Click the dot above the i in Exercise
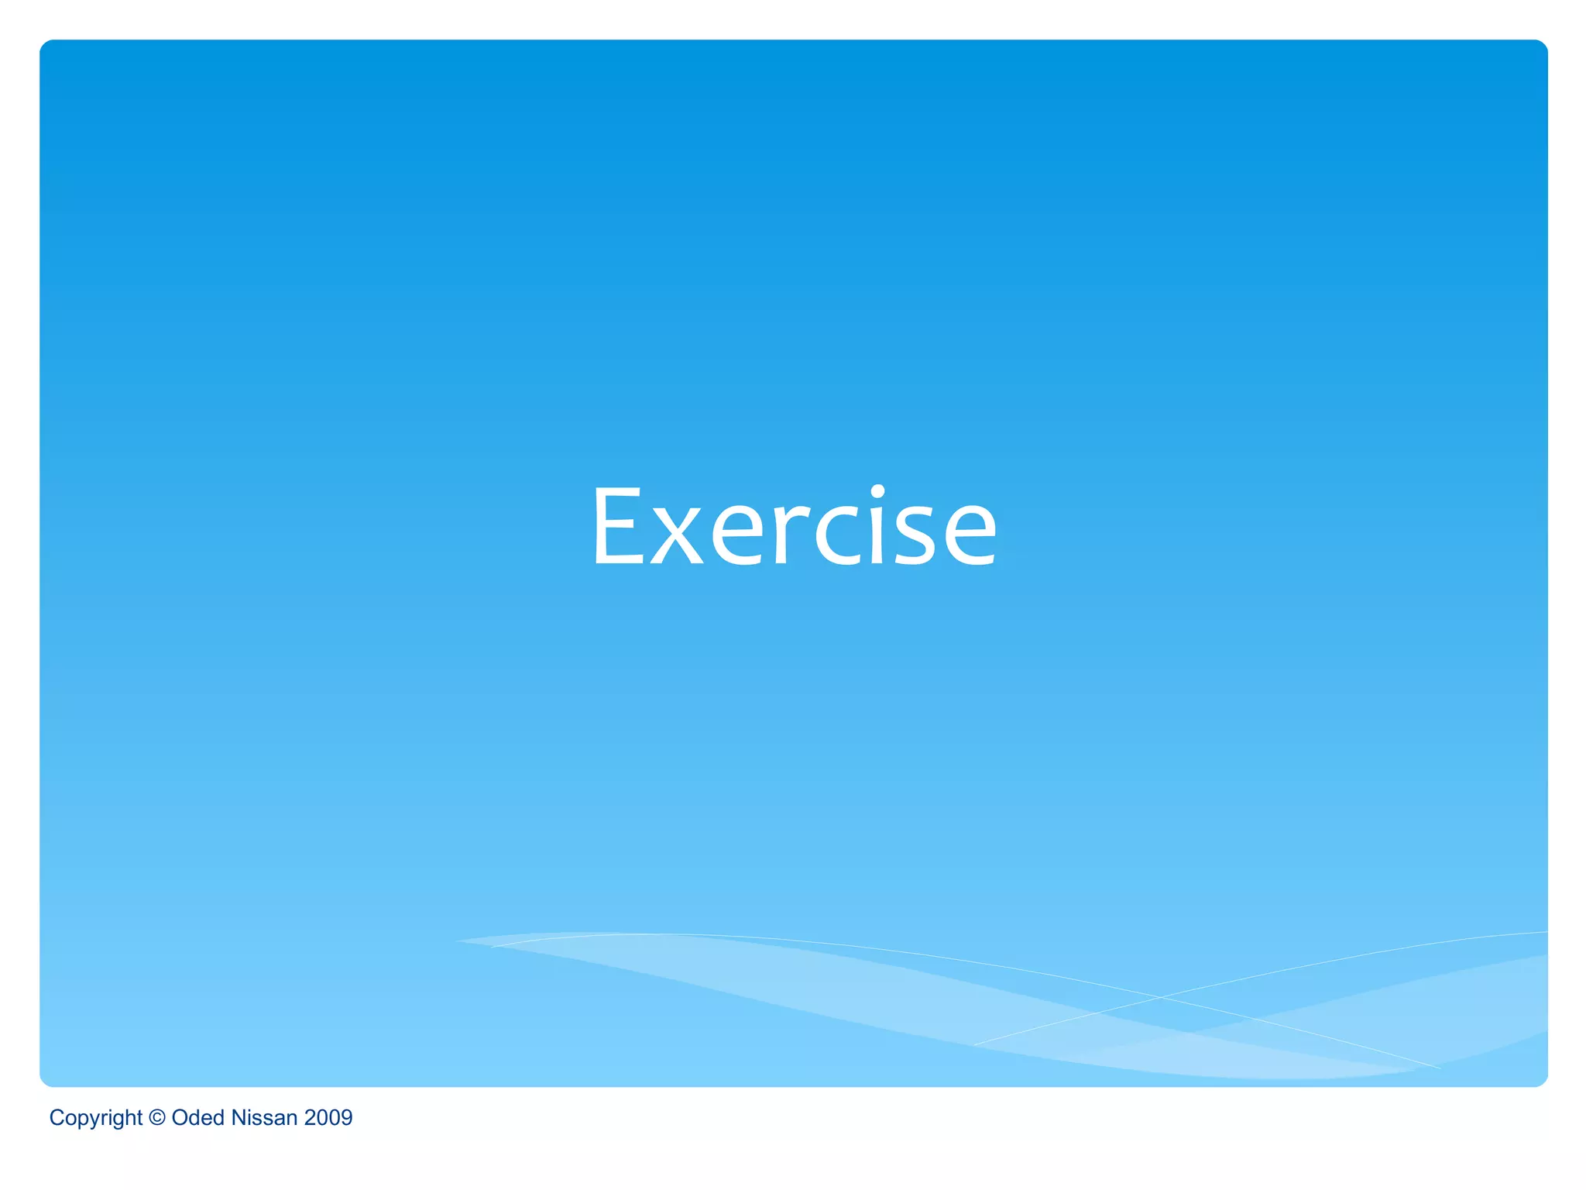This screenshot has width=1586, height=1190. pos(877,492)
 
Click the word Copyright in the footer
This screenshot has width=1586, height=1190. pos(95,1118)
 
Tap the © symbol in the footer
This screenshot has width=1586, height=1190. pos(157,1117)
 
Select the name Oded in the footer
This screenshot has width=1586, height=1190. pos(197,1117)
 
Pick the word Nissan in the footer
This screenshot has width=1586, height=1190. pos(264,1117)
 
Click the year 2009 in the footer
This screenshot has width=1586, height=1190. pos(328,1117)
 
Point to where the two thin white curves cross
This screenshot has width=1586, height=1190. pos(1160,997)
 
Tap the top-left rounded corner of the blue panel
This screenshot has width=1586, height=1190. pos(45,45)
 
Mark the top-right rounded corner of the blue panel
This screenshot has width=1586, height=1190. pos(1542,45)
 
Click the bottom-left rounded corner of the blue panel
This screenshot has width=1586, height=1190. pos(45,1082)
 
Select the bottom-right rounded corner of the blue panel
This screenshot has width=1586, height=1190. pos(1542,1082)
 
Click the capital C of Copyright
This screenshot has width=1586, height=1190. pos(57,1117)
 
